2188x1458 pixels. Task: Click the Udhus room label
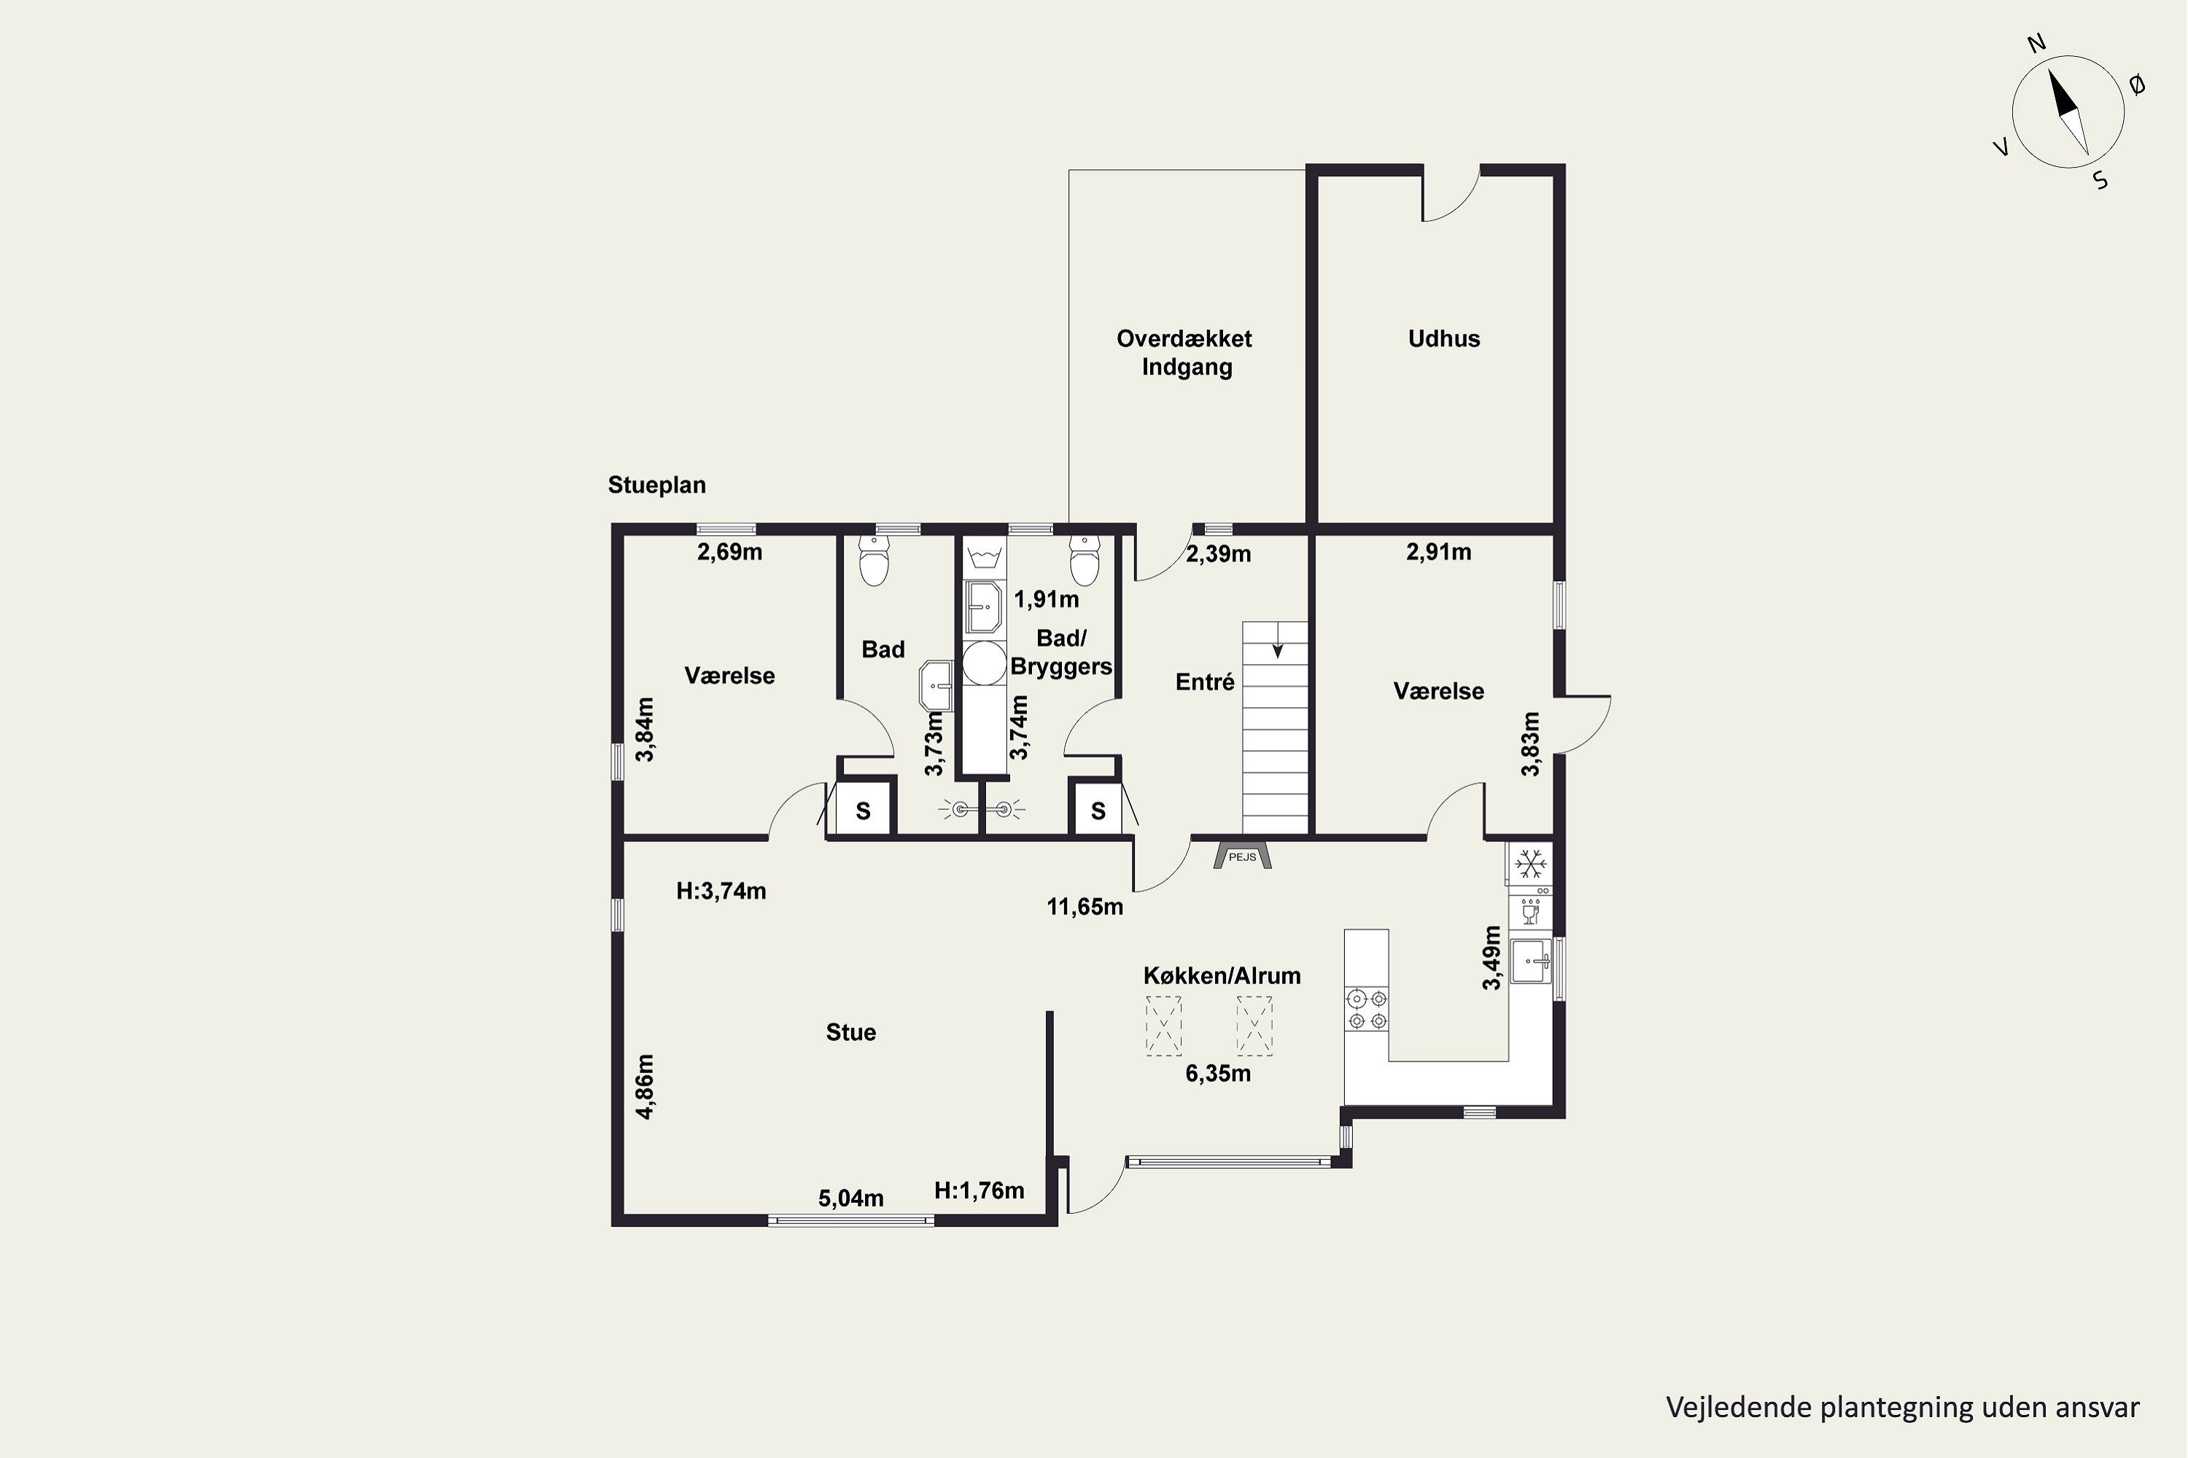[1444, 338]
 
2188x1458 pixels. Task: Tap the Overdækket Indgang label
[1185, 352]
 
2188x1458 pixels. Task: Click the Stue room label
[851, 1032]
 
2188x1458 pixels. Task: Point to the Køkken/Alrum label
[1222, 975]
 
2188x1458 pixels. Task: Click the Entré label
[1205, 682]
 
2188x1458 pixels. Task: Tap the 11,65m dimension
[1085, 907]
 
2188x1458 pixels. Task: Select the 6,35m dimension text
[1218, 1074]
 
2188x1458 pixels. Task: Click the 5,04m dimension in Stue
[851, 1198]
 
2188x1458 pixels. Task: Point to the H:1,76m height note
[979, 1190]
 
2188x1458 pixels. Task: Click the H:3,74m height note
[721, 891]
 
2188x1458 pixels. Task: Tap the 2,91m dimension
[1438, 553]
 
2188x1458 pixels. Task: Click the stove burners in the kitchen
[1367, 1010]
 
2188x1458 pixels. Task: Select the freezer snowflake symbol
[1530, 865]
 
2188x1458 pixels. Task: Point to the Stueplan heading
[657, 486]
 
